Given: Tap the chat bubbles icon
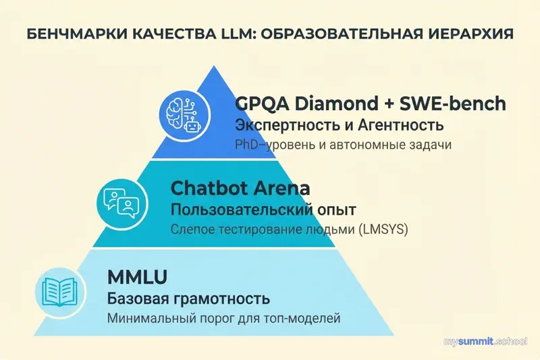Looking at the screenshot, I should point(119,199).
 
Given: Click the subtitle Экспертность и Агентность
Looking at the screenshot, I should point(339,126).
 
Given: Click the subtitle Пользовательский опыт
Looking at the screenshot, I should point(263,209).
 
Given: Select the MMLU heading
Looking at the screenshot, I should point(137,277).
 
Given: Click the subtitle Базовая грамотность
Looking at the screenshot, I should point(188,298).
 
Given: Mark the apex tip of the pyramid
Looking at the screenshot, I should point(215,66).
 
